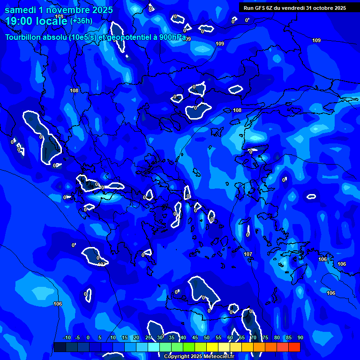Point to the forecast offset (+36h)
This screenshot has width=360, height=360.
[81, 21]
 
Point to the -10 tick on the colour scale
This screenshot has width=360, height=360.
[67, 338]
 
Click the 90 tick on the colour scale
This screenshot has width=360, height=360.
[300, 338]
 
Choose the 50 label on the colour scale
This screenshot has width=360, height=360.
[207, 338]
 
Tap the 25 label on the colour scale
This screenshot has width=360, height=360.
[148, 338]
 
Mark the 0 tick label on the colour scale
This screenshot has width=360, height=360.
[88, 338]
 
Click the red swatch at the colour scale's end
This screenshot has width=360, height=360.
[294, 347]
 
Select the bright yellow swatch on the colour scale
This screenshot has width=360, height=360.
[212, 347]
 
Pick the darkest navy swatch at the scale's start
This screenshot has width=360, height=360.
[60, 347]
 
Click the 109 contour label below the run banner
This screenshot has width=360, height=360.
[316, 41]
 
